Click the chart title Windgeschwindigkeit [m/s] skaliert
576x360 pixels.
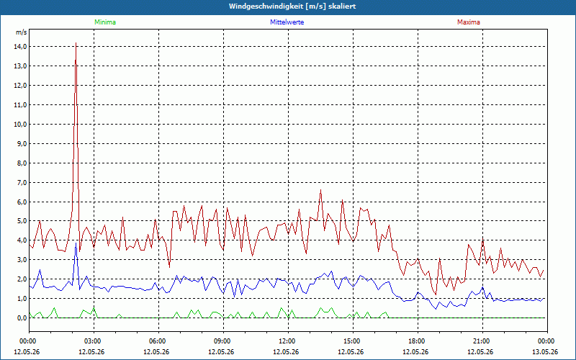tap(292, 6)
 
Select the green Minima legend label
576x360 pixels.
tap(105, 22)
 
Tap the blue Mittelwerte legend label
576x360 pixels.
tap(287, 22)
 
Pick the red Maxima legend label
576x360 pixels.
tap(469, 22)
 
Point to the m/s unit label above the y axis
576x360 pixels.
tap(22, 32)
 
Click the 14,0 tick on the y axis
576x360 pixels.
tap(20, 47)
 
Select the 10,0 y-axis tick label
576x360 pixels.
tap(20, 124)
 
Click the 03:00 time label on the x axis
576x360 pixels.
tap(94, 341)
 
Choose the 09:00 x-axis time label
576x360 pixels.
tap(223, 341)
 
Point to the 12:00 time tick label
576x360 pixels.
tap(287, 341)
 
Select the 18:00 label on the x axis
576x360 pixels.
tap(418, 341)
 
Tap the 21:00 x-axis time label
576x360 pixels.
tap(482, 341)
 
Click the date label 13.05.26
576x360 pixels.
tap(545, 351)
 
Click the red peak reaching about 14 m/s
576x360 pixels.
tap(76, 43)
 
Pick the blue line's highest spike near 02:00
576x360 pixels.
tap(76, 243)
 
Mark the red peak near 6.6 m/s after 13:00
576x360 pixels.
tap(320, 190)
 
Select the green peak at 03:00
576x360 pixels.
tap(94, 308)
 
